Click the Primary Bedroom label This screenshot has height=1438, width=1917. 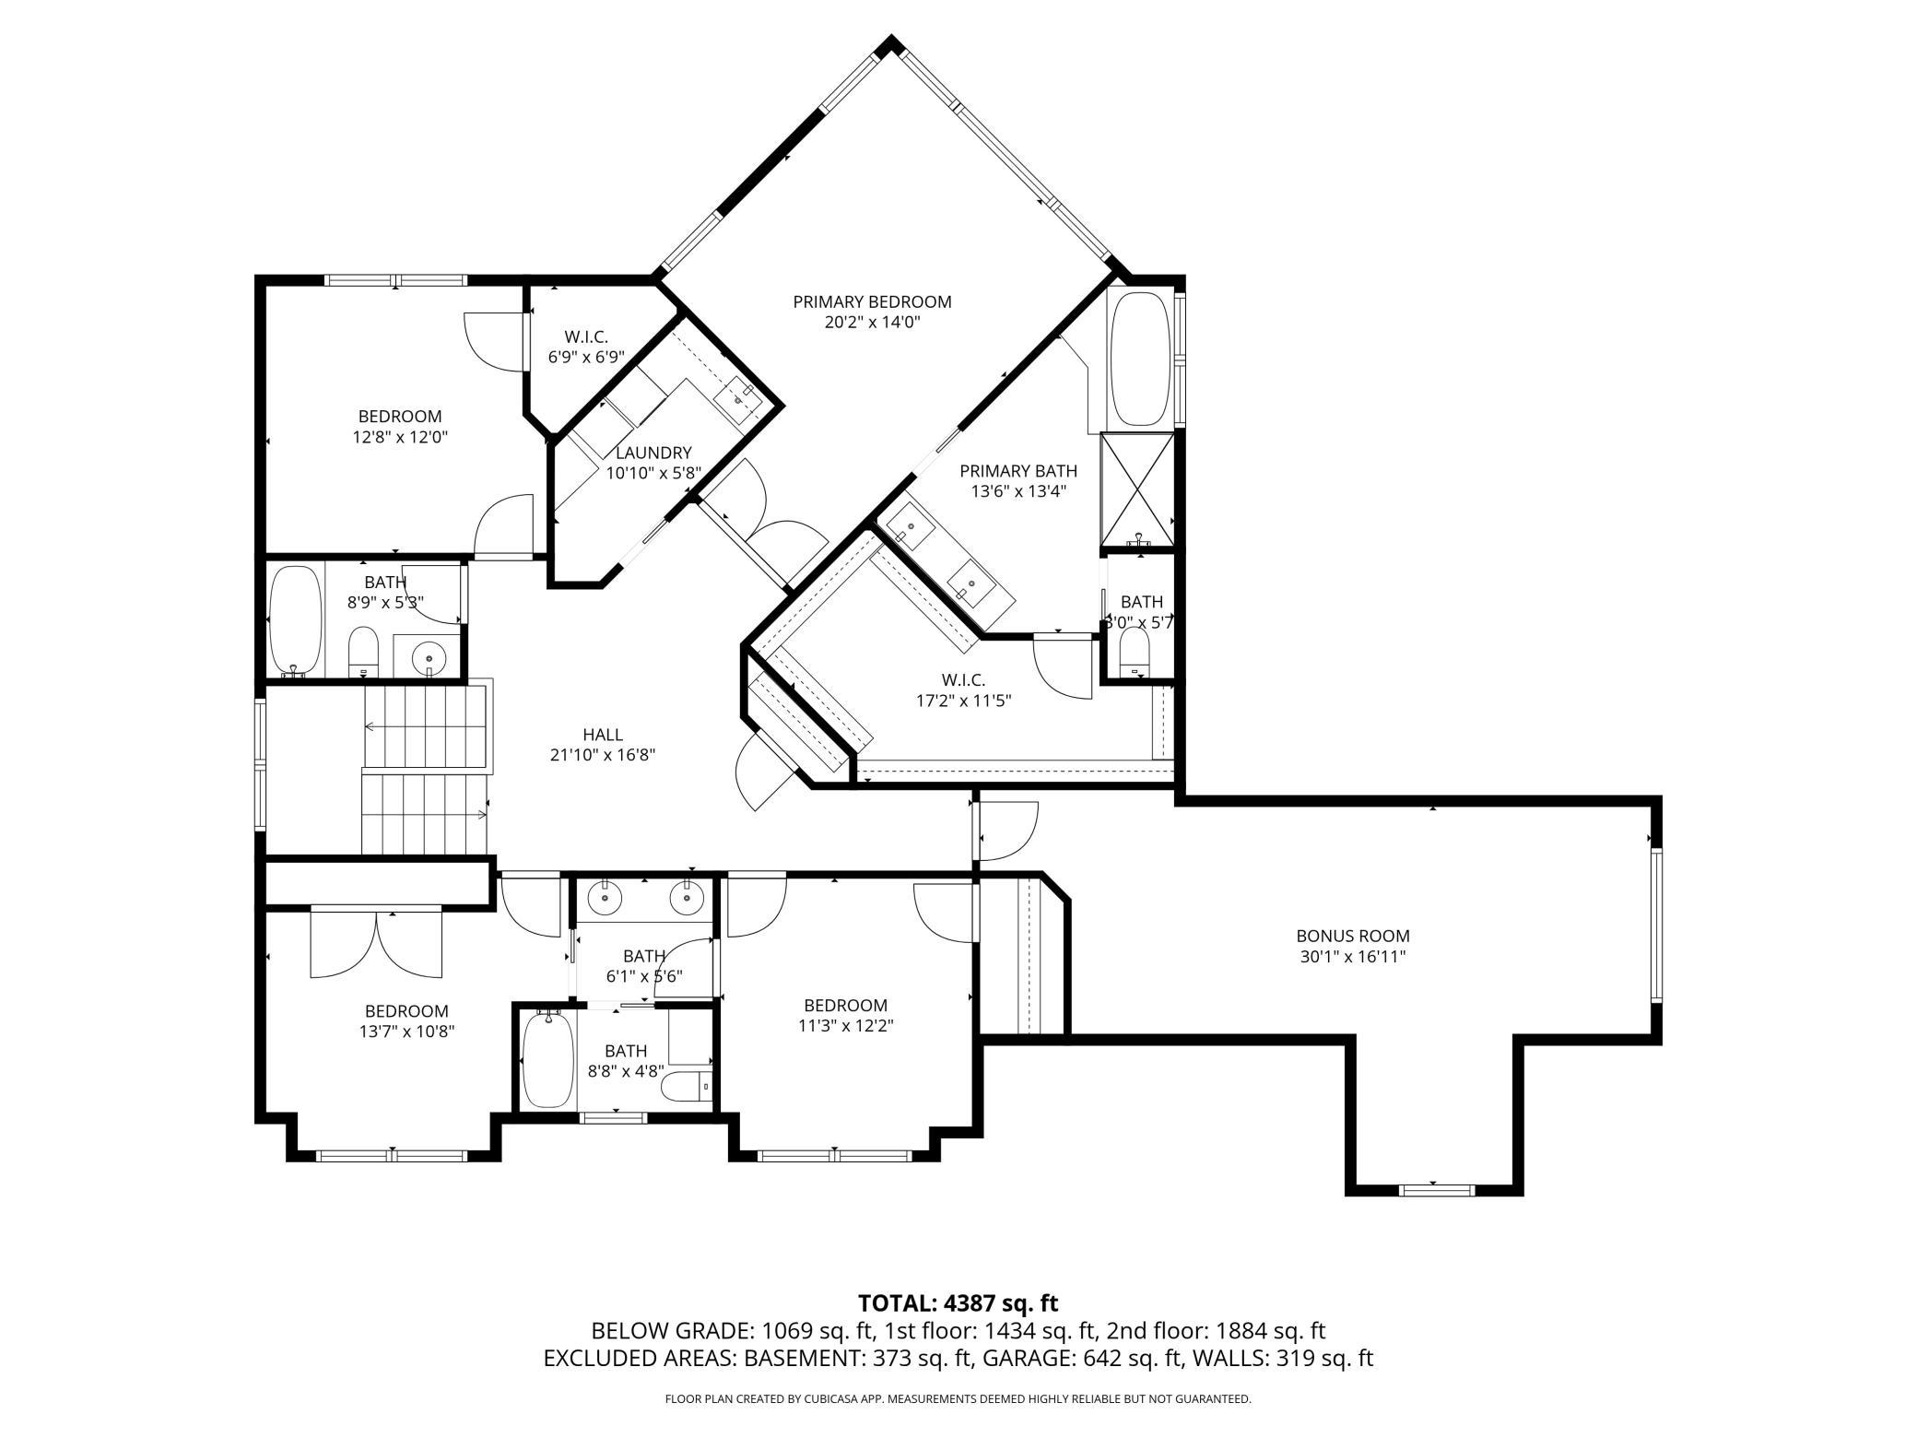pos(872,301)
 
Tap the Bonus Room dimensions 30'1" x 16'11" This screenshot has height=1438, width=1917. pos(1353,957)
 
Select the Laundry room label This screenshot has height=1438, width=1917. pos(653,453)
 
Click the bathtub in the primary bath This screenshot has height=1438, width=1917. pos(1142,359)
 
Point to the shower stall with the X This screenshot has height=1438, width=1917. pos(1138,490)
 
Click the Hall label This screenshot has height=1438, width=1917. pos(603,735)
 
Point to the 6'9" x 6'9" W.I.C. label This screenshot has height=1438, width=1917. pos(586,336)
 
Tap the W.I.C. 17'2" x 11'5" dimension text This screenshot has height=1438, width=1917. pos(963,700)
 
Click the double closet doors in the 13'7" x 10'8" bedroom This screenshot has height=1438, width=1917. pos(377,943)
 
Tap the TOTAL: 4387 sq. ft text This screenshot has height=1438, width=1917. pos(958,1303)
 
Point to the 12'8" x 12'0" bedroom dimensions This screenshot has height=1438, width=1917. pos(400,437)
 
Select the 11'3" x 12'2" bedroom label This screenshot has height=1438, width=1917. pos(845,1005)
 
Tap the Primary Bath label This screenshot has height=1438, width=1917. pos(1018,471)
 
